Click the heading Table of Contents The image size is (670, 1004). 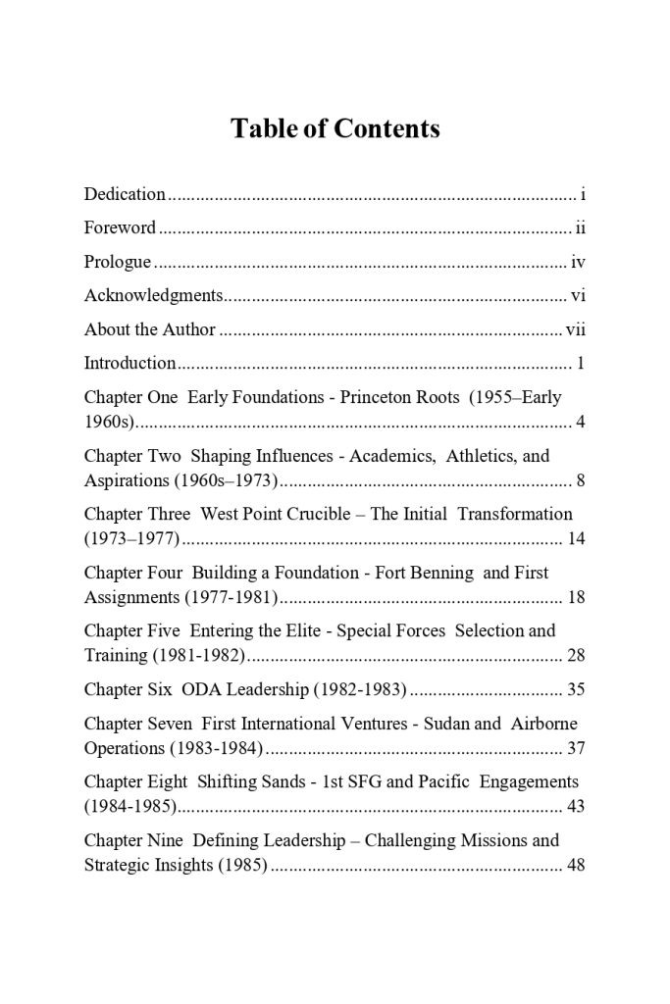click(335, 128)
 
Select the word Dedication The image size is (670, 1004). click(125, 194)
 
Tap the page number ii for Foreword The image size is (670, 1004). click(581, 228)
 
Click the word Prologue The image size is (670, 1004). click(118, 263)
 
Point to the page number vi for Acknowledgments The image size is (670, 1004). click(579, 295)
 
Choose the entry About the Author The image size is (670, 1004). click(149, 329)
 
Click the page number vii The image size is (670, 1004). click(576, 329)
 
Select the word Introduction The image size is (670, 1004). click(129, 364)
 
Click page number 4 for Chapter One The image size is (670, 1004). click(581, 423)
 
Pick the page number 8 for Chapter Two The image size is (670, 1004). click(581, 480)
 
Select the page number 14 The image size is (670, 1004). click(576, 538)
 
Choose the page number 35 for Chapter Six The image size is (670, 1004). click(576, 689)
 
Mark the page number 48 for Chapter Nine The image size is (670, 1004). click(576, 865)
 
